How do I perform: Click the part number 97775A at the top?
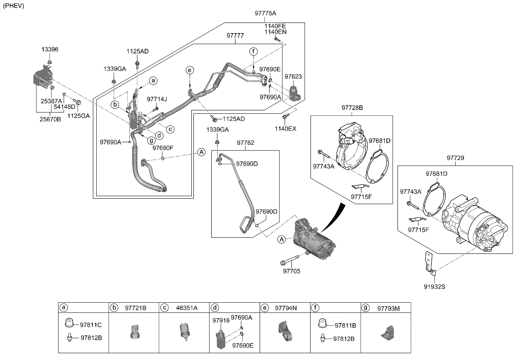point(266,13)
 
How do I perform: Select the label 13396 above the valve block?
point(50,49)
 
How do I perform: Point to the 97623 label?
point(293,76)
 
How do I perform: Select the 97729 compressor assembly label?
point(455,157)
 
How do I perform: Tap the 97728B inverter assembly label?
point(352,108)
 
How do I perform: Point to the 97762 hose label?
point(245,143)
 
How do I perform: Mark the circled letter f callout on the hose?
point(253,52)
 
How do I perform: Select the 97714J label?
point(157,99)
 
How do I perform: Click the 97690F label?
point(163,148)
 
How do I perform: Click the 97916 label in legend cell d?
point(221,321)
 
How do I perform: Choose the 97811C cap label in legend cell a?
point(91,325)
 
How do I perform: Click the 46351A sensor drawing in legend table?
point(184,331)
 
